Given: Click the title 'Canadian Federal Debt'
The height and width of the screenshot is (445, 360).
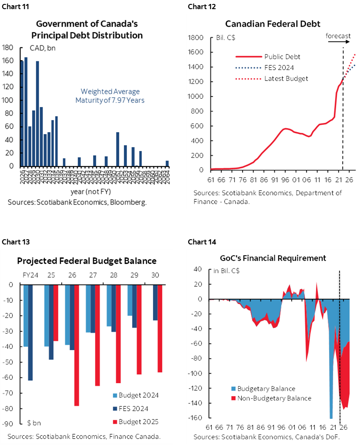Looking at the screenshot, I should pos(273,23).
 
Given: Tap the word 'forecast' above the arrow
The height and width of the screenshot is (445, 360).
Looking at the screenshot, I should pos(338,35).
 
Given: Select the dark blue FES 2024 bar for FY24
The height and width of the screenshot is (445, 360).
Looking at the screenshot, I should pos(30,333).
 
